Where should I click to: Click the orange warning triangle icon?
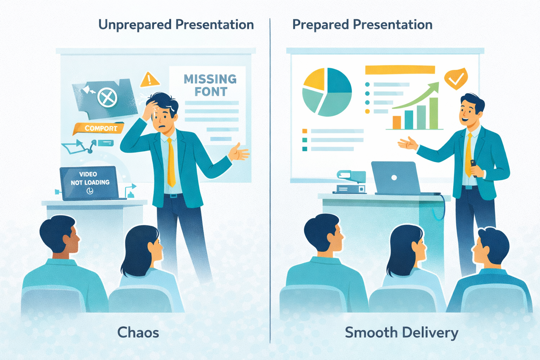pyautogui.click(x=149, y=80)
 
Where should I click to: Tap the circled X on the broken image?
pyautogui.click(x=107, y=98)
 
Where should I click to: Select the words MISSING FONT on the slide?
pyautogui.click(x=210, y=85)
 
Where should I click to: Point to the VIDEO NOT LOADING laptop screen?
pyautogui.click(x=89, y=183)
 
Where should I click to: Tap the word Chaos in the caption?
pyautogui.click(x=138, y=333)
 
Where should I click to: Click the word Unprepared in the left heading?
pyautogui.click(x=135, y=25)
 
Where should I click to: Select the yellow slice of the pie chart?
pyautogui.click(x=314, y=79)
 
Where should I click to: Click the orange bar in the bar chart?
pyautogui.click(x=397, y=122)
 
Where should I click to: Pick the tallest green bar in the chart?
pyautogui.click(x=434, y=113)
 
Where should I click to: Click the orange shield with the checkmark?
pyautogui.click(x=456, y=78)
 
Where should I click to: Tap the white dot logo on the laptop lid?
pyautogui.click(x=394, y=178)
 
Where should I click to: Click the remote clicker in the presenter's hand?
pyautogui.click(x=474, y=168)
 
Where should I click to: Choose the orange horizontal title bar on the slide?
pyautogui.click(x=400, y=70)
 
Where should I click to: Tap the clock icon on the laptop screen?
pyautogui.click(x=90, y=191)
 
